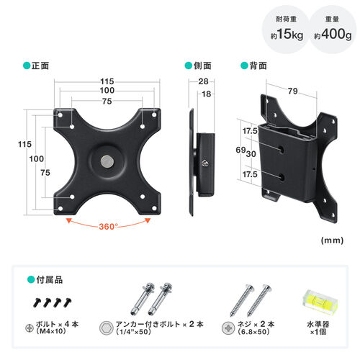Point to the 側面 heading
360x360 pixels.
pos(202,66)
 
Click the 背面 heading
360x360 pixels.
pos(257,66)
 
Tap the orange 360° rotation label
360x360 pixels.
pos(109,225)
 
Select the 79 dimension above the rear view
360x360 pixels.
pos(292,91)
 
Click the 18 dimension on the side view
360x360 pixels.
pos(207,94)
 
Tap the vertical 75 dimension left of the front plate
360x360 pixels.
pos(45,173)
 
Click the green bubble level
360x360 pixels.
pos(316,302)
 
